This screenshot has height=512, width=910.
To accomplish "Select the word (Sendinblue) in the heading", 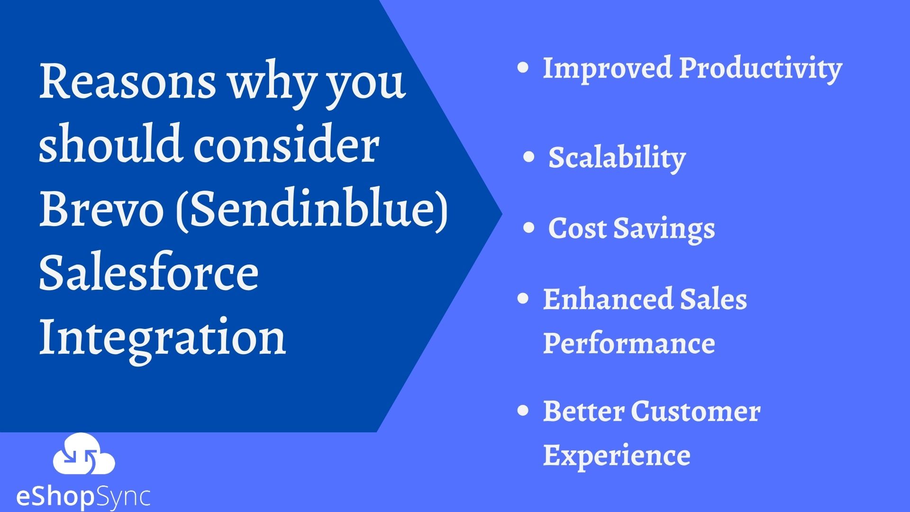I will click(x=311, y=211).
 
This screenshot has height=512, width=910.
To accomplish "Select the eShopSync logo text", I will click(x=83, y=497).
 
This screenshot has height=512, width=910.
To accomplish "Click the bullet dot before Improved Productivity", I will click(x=523, y=68).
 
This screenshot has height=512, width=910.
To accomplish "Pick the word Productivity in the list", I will click(x=760, y=69).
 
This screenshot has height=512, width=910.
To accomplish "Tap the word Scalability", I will click(x=617, y=157).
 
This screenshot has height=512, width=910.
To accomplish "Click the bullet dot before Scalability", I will click(x=529, y=157).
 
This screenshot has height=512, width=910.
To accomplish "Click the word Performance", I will click(x=628, y=343).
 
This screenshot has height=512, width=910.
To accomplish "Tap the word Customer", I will click(x=696, y=411).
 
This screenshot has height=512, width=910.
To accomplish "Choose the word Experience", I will click(x=616, y=455).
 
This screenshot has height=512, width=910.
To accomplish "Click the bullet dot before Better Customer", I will click(x=523, y=411).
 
